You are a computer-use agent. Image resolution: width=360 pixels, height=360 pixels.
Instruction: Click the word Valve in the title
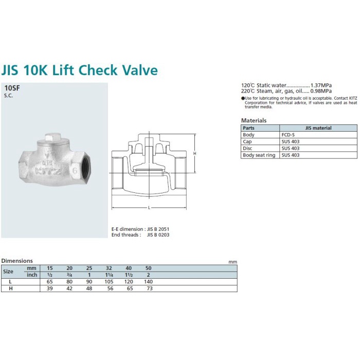[x=140, y=70]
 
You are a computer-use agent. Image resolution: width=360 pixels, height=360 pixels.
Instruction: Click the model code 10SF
[x=12, y=88]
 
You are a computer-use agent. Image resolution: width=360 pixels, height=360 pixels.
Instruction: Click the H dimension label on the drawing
[x=195, y=153]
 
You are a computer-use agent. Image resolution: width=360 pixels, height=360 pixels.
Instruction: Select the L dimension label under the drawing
[x=149, y=208]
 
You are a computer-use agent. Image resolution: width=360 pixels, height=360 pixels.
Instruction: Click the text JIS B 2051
[x=158, y=229]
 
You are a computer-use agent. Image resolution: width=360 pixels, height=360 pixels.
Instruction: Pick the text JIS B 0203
[x=158, y=235]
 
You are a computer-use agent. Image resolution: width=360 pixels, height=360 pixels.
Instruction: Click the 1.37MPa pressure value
[x=321, y=85]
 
